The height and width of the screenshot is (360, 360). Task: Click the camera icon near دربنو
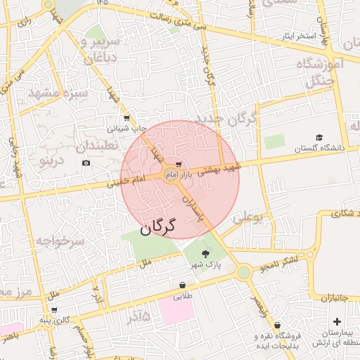86,163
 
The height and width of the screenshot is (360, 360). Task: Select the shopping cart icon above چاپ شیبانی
126,118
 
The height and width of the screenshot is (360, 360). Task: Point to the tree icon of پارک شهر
205,253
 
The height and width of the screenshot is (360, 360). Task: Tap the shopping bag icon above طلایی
182,285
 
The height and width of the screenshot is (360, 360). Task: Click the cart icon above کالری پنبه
54,309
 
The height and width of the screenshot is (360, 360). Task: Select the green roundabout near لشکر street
243,272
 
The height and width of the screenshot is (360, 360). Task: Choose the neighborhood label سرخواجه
60,241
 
